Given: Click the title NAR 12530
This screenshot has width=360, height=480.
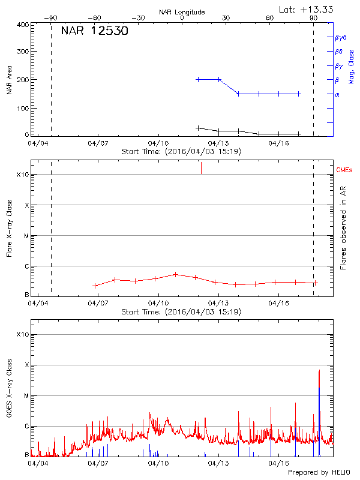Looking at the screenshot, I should (x=94, y=31).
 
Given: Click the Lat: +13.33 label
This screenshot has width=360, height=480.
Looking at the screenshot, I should (x=307, y=9).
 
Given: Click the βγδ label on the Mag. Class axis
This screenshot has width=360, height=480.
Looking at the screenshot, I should (x=340, y=37).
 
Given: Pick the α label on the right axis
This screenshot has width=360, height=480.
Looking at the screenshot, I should (x=337, y=94).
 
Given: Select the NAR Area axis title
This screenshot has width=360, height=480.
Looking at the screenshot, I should (x=10, y=80).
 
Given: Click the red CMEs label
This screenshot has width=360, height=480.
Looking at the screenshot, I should (x=344, y=170).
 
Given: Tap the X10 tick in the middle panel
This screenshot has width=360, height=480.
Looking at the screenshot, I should (x=23, y=175).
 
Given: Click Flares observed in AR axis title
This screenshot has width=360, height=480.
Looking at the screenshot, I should (x=343, y=230).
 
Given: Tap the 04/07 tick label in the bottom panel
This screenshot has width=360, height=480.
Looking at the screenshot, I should (x=98, y=463).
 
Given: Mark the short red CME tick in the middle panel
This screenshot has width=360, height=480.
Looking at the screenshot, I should (x=201, y=169).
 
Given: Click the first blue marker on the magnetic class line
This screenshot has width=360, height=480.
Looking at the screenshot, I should (x=198, y=79).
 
